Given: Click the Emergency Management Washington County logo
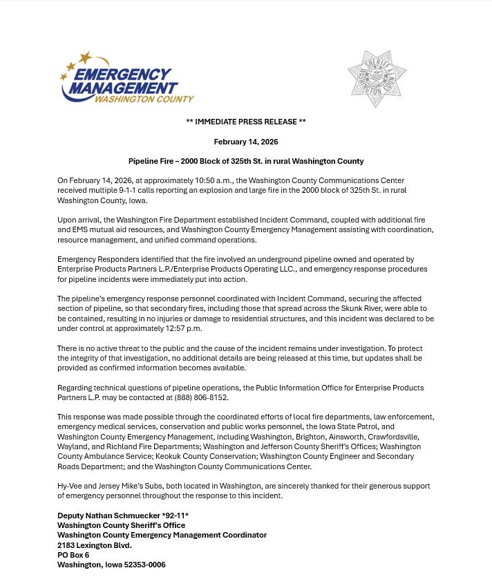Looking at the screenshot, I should [126, 78].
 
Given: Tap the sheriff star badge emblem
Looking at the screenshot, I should [377, 78].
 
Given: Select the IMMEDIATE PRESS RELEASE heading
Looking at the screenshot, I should [245, 122].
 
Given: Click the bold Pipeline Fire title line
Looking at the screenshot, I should [245, 161].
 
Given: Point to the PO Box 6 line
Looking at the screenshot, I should [73, 555].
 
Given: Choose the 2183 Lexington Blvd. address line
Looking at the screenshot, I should [94, 545].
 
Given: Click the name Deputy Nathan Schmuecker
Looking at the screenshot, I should [108, 516].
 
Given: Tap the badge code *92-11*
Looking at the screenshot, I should [175, 516].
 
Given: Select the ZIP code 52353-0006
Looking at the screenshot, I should [144, 565].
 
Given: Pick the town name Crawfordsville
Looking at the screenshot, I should [392, 437].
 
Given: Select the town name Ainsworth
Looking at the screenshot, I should [347, 437].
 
